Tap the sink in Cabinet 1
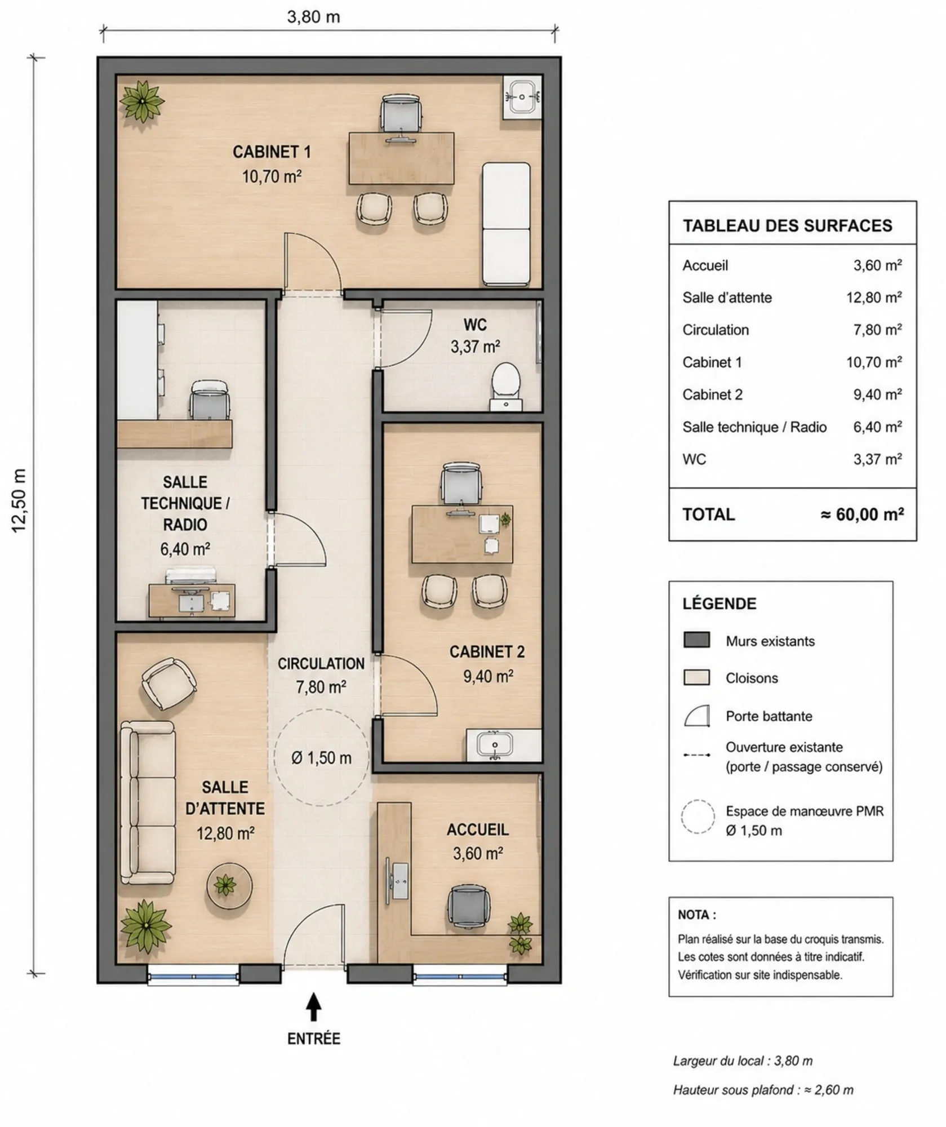522,97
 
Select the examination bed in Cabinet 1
506,224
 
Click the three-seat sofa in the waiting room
148,802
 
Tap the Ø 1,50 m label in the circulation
321,758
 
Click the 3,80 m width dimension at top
314,17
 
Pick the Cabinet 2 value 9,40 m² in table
877,394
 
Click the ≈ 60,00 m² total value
862,514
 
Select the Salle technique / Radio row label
754,427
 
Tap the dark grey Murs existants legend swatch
696,640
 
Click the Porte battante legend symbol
696,716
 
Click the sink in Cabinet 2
495,745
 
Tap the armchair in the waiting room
168,684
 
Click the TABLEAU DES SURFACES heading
788,225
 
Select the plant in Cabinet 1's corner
142,101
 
